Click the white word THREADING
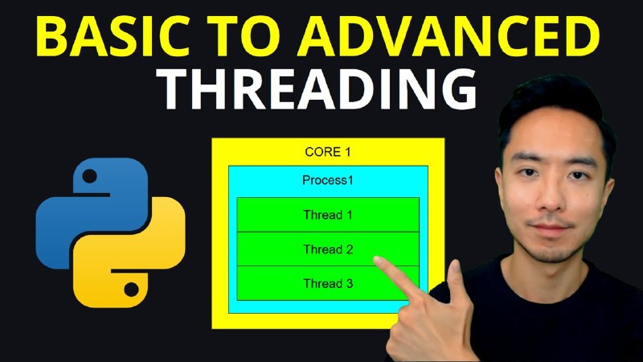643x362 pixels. pos(317,90)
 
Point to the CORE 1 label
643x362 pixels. pos(328,152)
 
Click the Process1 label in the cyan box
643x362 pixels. pos(328,180)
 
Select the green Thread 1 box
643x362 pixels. pos(328,215)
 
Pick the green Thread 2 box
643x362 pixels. pos(328,249)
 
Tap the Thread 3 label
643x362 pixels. pos(328,284)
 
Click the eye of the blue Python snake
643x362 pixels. pos(90,176)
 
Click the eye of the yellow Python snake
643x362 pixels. pos(131,290)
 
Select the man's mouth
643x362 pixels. pos(550,227)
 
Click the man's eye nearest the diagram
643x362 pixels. pos(528,172)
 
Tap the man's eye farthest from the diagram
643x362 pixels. pos(578,175)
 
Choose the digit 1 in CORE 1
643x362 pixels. pos(348,152)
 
